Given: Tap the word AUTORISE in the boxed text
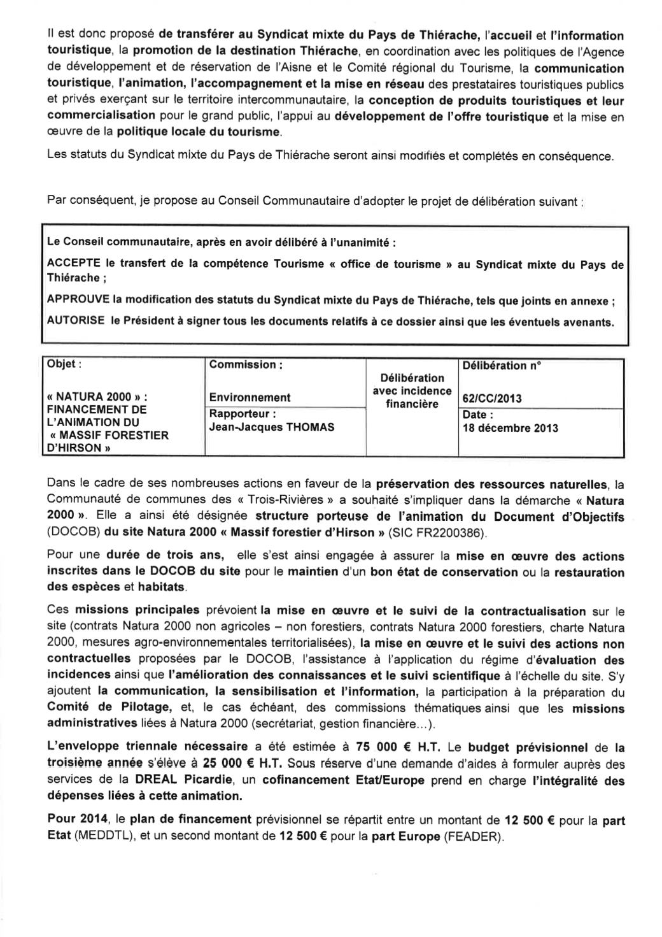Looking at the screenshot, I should pos(76,321).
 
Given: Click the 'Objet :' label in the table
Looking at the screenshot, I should pos(64,364).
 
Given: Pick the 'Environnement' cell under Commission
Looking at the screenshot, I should pos(250,397).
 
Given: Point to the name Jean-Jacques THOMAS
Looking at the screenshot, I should pos(272,427).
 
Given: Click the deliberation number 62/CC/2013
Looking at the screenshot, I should pos(492,399).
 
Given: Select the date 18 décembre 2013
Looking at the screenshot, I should pos(511,428).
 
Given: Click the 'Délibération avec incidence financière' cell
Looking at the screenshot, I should pos(412,391).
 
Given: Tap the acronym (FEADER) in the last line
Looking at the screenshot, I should pos(472,837).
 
